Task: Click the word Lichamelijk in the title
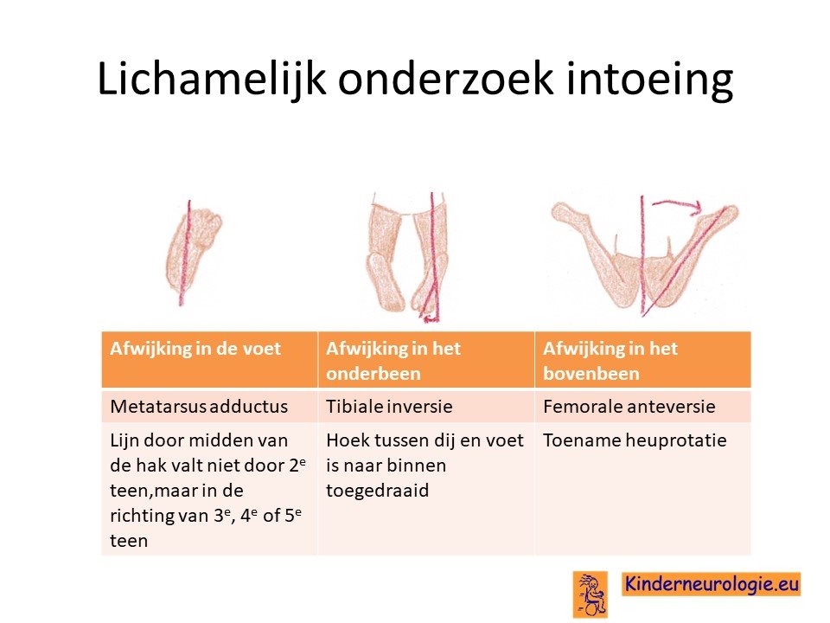[x=211, y=80]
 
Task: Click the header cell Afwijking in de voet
[x=209, y=360]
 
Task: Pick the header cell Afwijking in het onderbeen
[x=426, y=360]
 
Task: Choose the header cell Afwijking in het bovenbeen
[x=642, y=360]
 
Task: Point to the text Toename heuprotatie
[x=635, y=440]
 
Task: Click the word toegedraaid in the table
[x=378, y=491]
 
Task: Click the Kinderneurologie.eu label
[x=712, y=584]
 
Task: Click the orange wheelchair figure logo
[x=590, y=594]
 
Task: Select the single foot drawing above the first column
[x=193, y=254]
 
